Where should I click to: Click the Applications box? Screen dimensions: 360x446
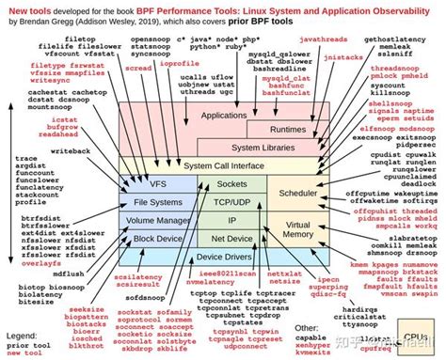(217, 115)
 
